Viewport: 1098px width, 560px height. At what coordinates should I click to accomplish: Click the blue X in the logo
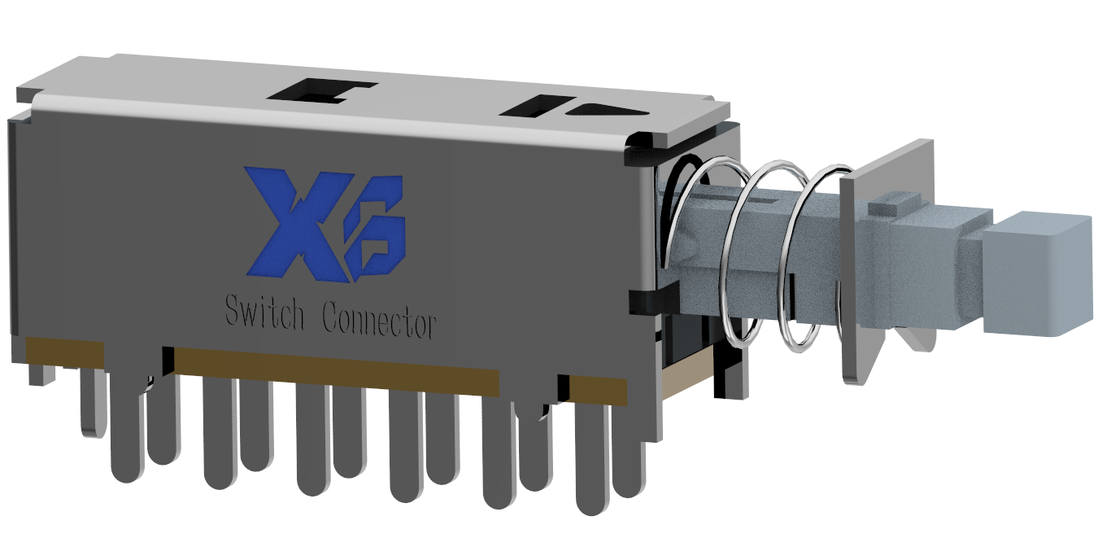[299, 223]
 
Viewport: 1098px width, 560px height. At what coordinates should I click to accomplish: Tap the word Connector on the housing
[379, 320]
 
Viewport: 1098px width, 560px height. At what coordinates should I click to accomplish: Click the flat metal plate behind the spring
[878, 255]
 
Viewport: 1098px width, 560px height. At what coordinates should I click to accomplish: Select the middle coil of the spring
[765, 255]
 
